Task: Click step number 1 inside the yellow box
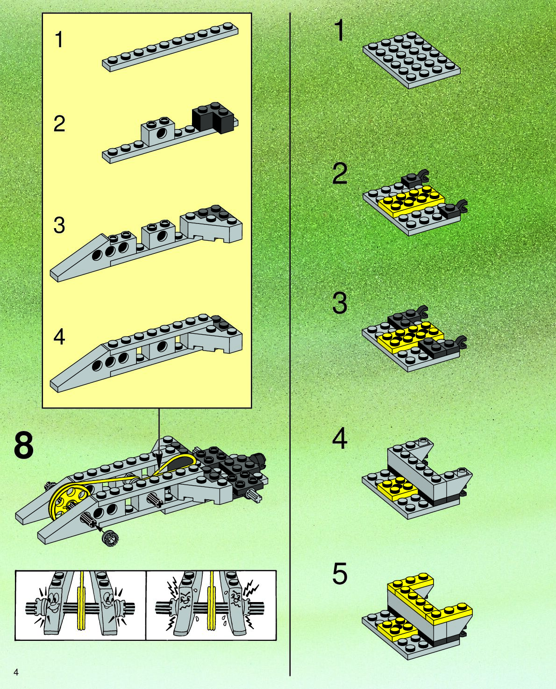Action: pos(59,40)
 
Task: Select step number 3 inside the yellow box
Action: pos(59,225)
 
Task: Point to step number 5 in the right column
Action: pos(340,574)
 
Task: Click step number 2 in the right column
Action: pos(340,173)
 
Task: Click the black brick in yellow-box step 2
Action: pos(213,116)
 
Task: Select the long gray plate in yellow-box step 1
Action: pos(171,47)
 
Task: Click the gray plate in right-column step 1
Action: pos(411,60)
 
